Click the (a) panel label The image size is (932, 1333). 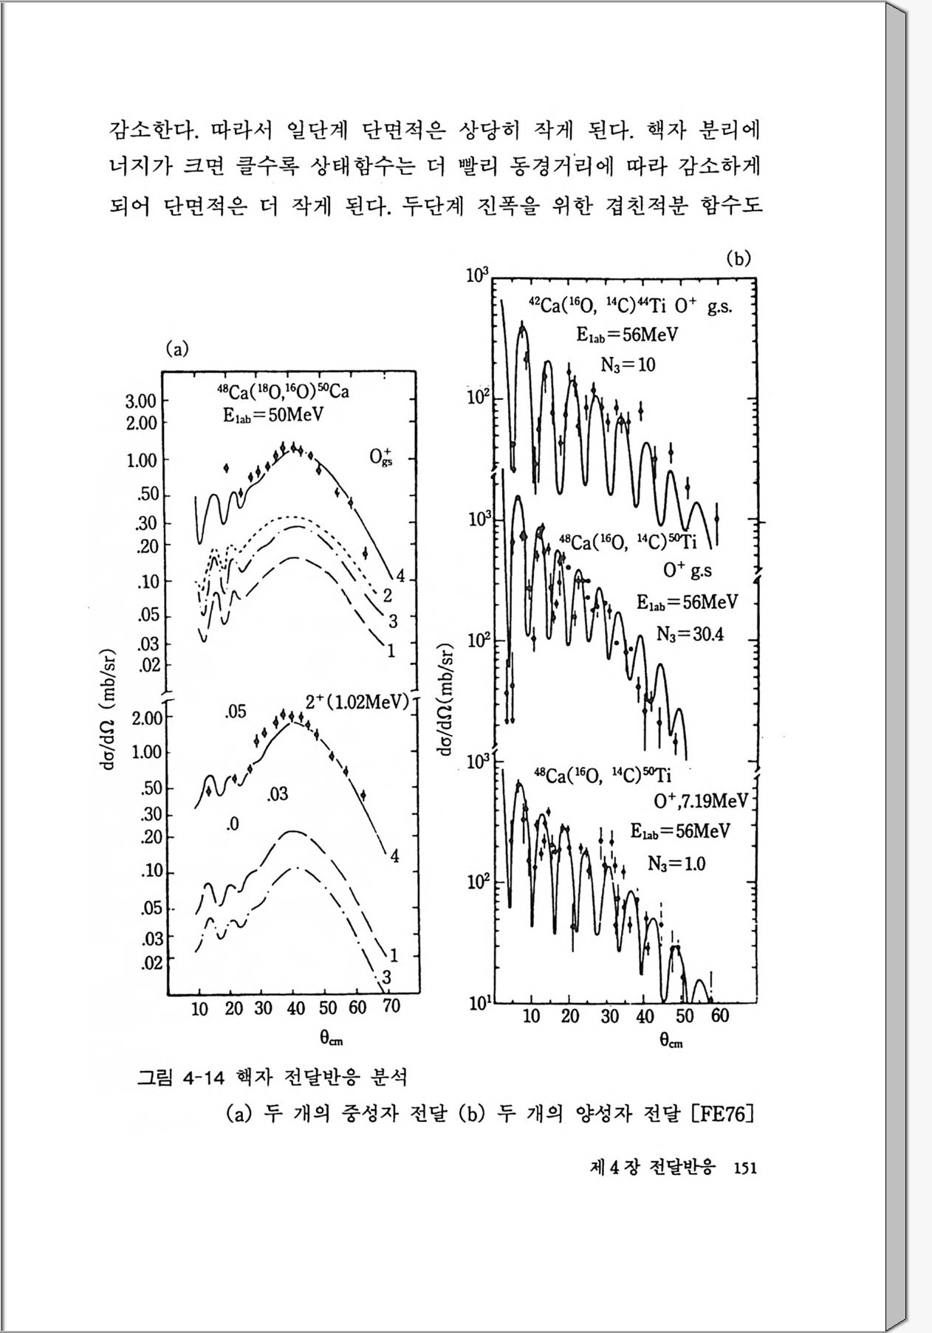(177, 349)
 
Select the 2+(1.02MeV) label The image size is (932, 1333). (357, 701)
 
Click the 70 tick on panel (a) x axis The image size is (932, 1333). (391, 1008)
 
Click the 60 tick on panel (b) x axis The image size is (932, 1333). (719, 1016)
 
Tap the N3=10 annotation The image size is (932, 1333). (628, 365)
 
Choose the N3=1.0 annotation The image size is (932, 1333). (676, 863)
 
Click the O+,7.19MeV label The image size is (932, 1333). (701, 801)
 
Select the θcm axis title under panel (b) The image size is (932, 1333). (671, 1041)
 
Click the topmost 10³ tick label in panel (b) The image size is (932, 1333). (478, 276)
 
